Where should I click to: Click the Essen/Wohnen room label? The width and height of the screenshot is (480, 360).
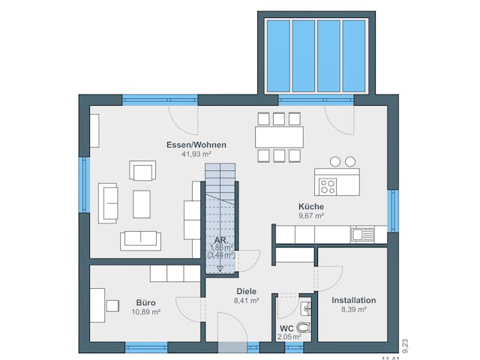click(197, 145)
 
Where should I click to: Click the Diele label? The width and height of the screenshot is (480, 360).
click(246, 291)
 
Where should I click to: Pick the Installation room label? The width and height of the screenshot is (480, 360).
click(353, 300)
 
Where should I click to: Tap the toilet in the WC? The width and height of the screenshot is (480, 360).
click(303, 327)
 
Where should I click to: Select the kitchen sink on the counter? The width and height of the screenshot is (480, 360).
click(361, 235)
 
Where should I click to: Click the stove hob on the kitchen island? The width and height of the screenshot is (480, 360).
click(328, 183)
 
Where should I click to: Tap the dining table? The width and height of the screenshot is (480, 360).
click(279, 136)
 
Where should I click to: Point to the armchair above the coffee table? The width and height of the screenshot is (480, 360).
click(142, 172)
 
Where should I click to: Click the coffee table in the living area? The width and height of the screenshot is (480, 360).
click(142, 202)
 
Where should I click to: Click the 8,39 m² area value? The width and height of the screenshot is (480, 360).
click(353, 309)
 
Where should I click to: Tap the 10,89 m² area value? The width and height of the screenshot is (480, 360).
click(145, 311)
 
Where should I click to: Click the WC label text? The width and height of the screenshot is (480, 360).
click(286, 328)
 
